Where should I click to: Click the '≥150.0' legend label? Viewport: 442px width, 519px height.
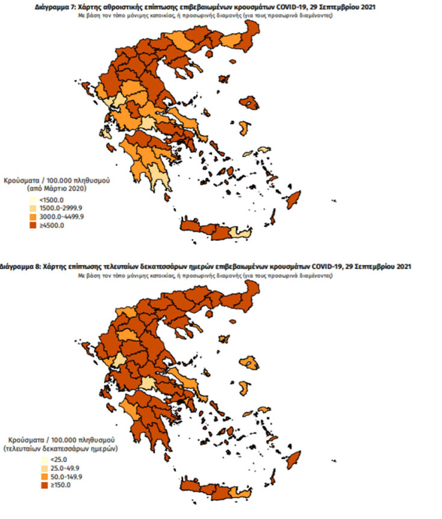click(x=48, y=486)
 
